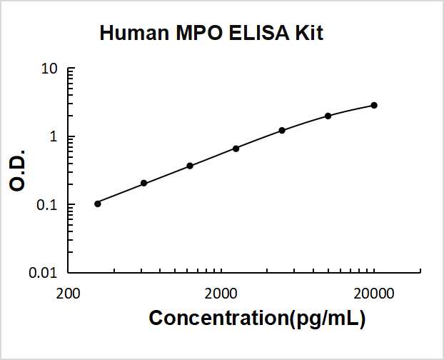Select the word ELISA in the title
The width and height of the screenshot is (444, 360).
(x=254, y=34)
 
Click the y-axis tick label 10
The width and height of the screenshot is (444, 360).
(x=49, y=69)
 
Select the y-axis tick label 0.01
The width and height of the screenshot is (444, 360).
(x=44, y=273)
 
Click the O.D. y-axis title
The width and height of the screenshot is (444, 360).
(x=19, y=171)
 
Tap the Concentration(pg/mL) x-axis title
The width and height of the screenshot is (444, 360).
(x=257, y=319)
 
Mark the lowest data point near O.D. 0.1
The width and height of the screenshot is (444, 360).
(x=98, y=204)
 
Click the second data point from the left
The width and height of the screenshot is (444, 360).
(x=143, y=184)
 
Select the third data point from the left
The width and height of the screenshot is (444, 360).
(x=190, y=166)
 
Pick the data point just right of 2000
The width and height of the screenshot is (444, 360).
(x=236, y=149)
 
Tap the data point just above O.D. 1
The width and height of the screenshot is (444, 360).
(x=282, y=130)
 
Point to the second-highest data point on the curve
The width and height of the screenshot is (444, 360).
(x=328, y=116)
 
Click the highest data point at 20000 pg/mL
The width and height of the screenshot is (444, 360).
(x=374, y=105)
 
